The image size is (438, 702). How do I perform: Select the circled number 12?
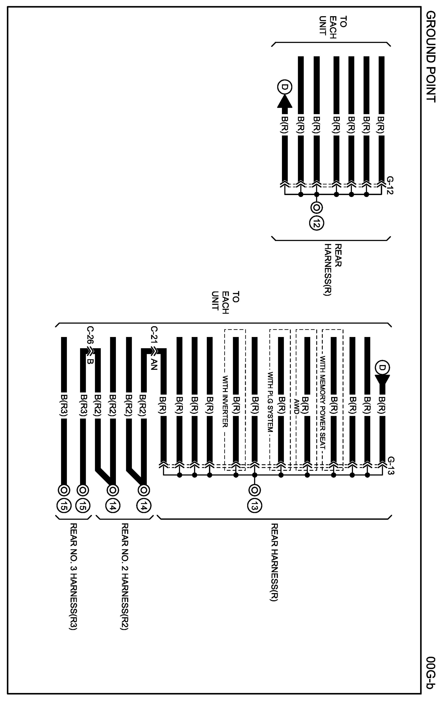coord(316,223)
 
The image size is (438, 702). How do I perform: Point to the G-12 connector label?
coord(390,185)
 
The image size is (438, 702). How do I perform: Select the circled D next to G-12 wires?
coord(285,87)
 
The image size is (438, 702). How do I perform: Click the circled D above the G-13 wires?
coord(382,368)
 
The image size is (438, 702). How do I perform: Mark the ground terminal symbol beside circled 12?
coord(316,207)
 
